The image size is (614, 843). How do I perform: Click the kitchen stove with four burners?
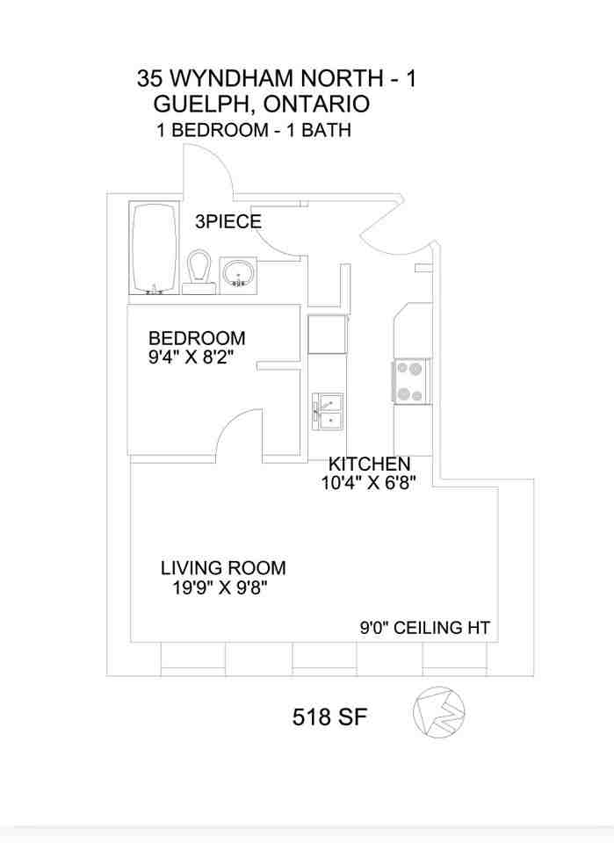coord(410,381)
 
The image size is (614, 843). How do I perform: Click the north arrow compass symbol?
coord(438,711)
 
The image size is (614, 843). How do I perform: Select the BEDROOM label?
coord(197,338)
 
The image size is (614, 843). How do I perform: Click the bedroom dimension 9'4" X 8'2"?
coord(197,357)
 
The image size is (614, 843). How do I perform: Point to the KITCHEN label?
coord(369,464)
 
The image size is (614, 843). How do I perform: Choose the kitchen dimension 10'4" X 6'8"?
coord(368,482)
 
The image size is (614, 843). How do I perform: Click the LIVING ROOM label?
coord(223,568)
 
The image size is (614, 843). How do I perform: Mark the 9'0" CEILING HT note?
coord(424,628)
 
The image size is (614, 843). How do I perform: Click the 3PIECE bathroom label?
coord(228,222)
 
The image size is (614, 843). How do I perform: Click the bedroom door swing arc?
coord(235,430)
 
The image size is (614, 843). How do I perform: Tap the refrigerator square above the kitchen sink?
coord(328,334)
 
